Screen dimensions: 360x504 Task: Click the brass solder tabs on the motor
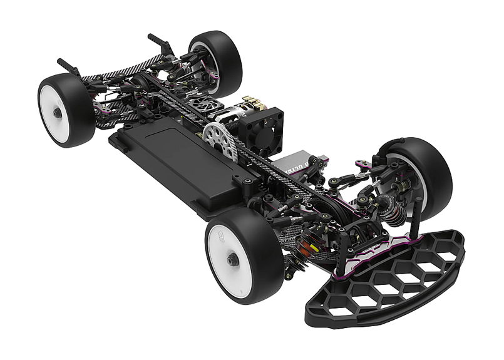pyautogui.click(x=254, y=103)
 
